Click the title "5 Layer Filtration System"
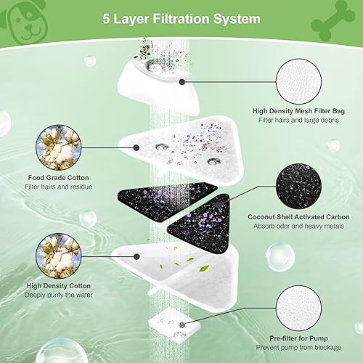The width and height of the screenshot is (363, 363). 181,19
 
